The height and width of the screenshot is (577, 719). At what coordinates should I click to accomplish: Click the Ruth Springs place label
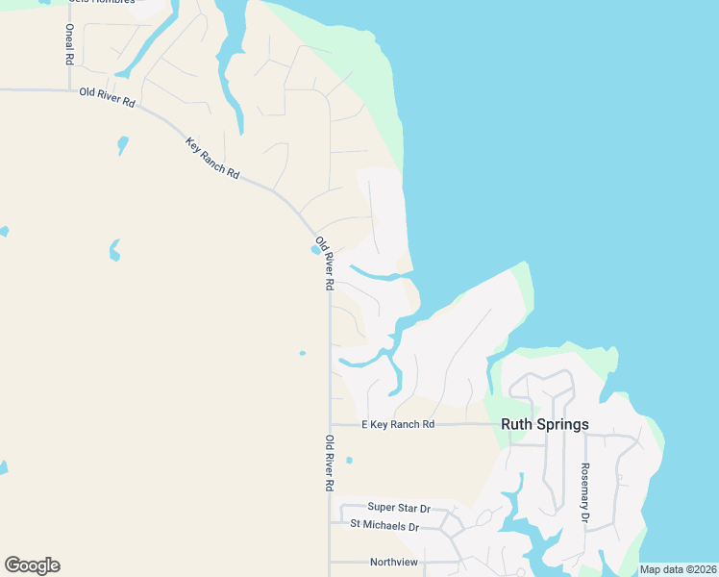pos(544,423)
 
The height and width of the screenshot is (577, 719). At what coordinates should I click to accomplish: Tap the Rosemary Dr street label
pos(583,493)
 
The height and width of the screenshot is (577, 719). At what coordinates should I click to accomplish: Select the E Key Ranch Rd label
pos(398,424)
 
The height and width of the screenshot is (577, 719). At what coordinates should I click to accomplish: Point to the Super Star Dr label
pos(399,507)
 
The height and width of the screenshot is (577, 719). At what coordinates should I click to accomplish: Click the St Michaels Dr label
pos(384,526)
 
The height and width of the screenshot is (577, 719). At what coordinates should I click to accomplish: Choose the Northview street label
pos(394,562)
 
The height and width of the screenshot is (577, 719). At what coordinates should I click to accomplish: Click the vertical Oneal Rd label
pos(69,44)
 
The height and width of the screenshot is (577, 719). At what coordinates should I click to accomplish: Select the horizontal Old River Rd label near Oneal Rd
pos(107,97)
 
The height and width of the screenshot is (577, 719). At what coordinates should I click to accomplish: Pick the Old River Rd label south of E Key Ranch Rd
pos(329,464)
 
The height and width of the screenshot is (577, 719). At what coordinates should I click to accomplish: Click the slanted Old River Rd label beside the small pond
pos(324,263)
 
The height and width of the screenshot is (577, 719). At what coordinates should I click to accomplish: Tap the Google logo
pos(32,565)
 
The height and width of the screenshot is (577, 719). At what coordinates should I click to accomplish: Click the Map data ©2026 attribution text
pos(678,569)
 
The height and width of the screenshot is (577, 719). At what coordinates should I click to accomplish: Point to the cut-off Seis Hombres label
pos(100,2)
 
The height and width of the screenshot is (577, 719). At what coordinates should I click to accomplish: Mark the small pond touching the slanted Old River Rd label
pos(315,251)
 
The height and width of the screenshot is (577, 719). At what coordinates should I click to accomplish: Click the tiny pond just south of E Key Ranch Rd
pos(349,460)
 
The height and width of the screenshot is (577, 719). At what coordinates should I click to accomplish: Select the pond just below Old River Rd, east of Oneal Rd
pos(122,145)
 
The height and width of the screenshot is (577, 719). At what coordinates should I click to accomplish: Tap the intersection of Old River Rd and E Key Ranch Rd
pos(330,424)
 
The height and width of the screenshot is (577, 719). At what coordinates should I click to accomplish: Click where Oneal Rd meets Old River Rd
pos(69,90)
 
